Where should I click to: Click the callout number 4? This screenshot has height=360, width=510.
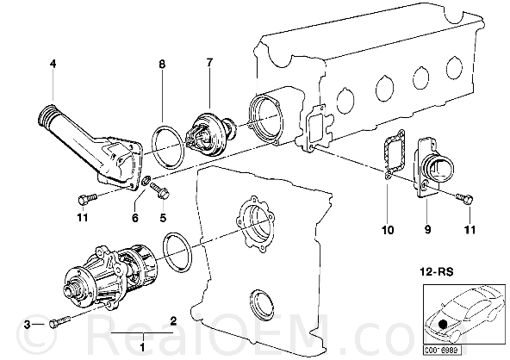tap(53, 64)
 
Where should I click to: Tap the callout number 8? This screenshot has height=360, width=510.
tap(162, 64)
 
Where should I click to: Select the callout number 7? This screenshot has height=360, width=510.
tap(209, 62)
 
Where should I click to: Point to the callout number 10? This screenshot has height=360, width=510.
tap(388, 230)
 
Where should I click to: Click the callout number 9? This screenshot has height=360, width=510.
tap(427, 230)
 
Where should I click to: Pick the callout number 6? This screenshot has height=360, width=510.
tap(135, 217)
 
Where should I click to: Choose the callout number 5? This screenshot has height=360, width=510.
tap(163, 217)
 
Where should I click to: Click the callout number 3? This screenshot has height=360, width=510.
tap(28, 324)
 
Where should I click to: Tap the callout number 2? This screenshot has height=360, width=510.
tap(173, 321)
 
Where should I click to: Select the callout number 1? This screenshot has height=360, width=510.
tap(142, 347)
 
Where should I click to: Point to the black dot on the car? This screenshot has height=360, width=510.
tap(442, 324)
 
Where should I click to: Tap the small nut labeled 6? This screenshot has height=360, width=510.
tap(147, 179)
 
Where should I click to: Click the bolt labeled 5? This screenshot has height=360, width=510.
tap(159, 189)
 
